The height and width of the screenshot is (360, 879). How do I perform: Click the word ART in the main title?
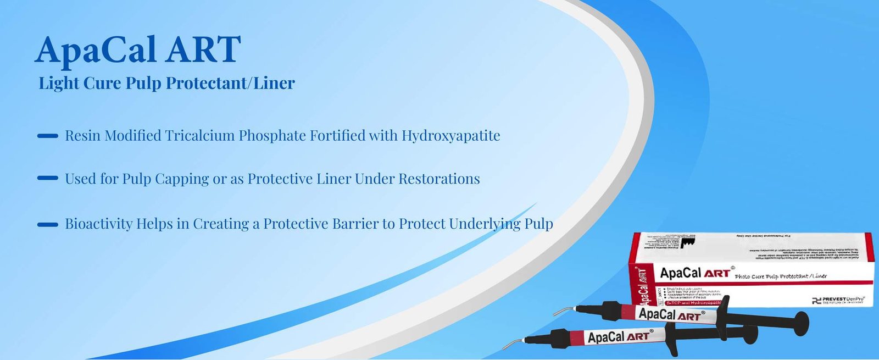204,49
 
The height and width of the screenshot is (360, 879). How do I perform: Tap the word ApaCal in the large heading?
96,49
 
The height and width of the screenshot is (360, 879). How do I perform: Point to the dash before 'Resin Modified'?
47,136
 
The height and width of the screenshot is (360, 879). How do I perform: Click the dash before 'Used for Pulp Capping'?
47,179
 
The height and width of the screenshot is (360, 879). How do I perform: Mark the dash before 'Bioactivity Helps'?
47,224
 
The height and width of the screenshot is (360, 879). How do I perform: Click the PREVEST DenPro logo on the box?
838,300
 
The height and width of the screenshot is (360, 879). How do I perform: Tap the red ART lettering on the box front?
717,273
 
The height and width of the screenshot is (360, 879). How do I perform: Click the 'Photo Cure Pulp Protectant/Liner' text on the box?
781,276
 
